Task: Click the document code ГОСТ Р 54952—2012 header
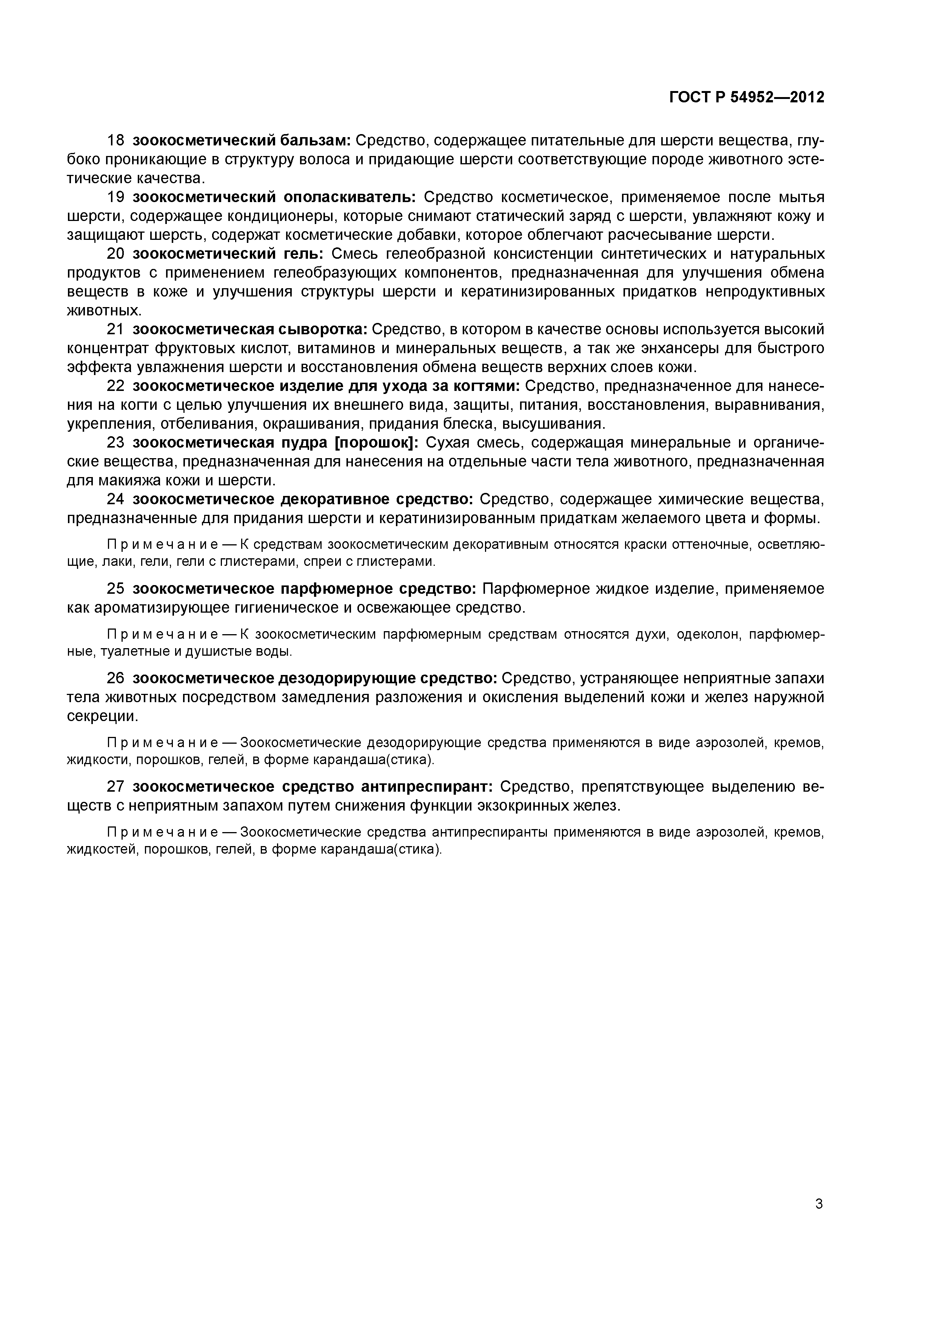(747, 97)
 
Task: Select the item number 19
(116, 198)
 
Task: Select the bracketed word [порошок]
(377, 443)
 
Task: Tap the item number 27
(116, 787)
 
